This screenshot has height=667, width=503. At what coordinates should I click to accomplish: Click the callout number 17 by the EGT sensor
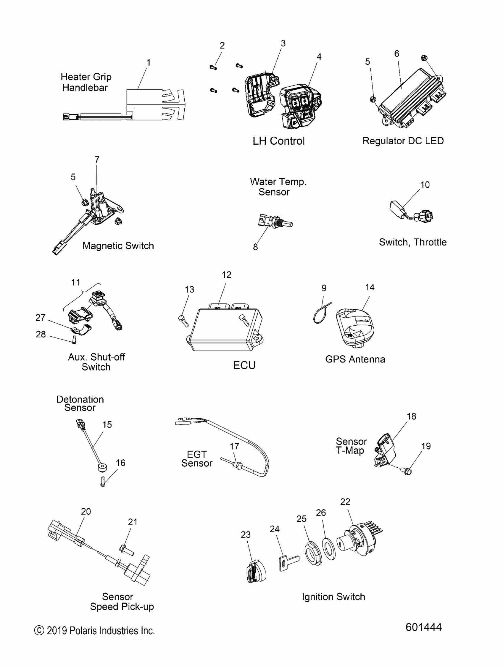click(234, 446)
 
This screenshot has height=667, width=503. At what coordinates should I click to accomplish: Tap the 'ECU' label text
click(244, 365)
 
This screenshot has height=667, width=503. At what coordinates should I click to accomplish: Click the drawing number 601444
click(423, 627)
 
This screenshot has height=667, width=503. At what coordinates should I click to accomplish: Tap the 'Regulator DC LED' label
click(403, 141)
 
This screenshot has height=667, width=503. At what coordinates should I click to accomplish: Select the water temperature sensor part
click(275, 222)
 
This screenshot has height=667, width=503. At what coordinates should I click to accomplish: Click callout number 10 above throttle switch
click(425, 185)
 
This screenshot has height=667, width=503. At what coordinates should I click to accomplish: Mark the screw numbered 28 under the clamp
click(74, 340)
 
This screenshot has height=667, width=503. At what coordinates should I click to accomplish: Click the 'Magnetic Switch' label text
click(118, 246)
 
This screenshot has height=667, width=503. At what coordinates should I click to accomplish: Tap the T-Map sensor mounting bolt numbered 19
click(407, 471)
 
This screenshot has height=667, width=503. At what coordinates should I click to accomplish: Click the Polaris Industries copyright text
click(94, 631)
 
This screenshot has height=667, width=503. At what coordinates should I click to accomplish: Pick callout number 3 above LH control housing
click(283, 43)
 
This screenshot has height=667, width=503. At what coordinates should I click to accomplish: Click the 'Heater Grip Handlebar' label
click(86, 82)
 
